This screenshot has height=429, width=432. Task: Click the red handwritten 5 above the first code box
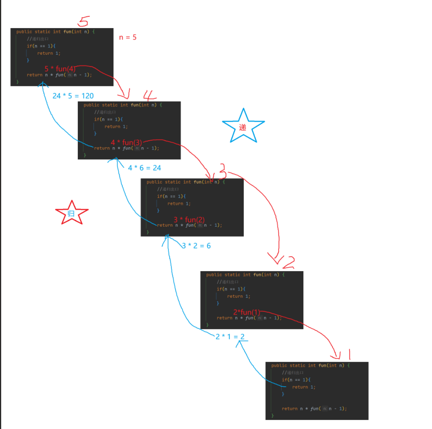tap(84, 21)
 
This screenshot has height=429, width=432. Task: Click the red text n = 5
tap(128, 37)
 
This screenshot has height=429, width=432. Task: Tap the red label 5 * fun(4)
tap(60, 69)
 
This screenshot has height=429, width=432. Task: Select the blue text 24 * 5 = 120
tap(73, 96)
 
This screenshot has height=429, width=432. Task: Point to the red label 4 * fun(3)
tap(126, 143)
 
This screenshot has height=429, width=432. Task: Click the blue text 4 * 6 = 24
tap(144, 168)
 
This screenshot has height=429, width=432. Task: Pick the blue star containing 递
tap(243, 127)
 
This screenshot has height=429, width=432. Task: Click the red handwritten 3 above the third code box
tap(222, 171)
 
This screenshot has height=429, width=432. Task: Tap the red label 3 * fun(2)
tap(189, 220)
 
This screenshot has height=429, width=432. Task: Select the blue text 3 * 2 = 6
tap(196, 246)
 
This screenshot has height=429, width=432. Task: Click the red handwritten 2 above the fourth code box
tap(289, 262)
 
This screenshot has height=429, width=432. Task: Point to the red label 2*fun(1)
tap(247, 312)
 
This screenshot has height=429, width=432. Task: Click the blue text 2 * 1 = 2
tap(230, 337)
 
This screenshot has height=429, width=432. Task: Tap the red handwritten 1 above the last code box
tap(349, 355)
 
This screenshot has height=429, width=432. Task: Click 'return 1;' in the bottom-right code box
tap(304, 387)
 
